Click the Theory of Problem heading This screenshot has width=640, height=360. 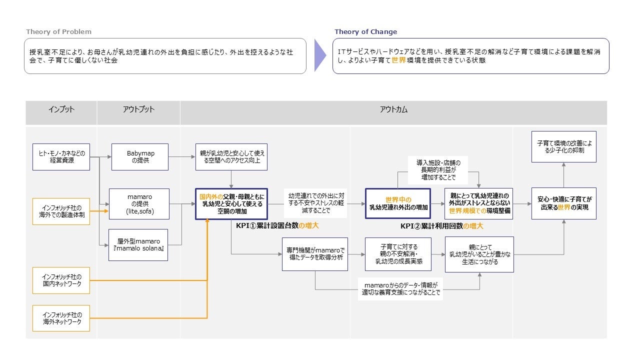tap(59, 32)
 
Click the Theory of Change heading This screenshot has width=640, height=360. tap(365, 32)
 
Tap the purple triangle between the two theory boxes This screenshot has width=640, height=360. tap(319, 55)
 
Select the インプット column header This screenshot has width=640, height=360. tap(61, 109)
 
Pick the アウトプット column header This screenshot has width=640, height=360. tap(138, 109)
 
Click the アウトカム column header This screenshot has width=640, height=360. tap(393, 109)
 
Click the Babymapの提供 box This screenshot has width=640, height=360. tap(139, 156)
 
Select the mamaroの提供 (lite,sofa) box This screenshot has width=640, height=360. tap(139, 204)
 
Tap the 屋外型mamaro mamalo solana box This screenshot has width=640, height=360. tap(138, 245)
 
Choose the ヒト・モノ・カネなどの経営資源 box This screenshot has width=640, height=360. tap(61, 156)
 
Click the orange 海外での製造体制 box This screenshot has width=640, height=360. tap(61, 211)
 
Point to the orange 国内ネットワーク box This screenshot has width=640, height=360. tap(61, 280)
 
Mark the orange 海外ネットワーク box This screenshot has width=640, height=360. tap(61, 318)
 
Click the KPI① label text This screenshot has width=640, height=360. tap(277, 226)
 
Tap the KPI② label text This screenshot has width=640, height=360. tap(441, 226)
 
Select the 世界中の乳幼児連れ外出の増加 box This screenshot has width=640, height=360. tap(397, 203)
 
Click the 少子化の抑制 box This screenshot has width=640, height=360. tap(563, 146)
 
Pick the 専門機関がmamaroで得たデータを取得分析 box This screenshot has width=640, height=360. tap(314, 254)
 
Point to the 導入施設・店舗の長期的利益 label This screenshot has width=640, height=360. tap(438, 170)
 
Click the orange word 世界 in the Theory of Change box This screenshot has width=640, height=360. tap(398, 60)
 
